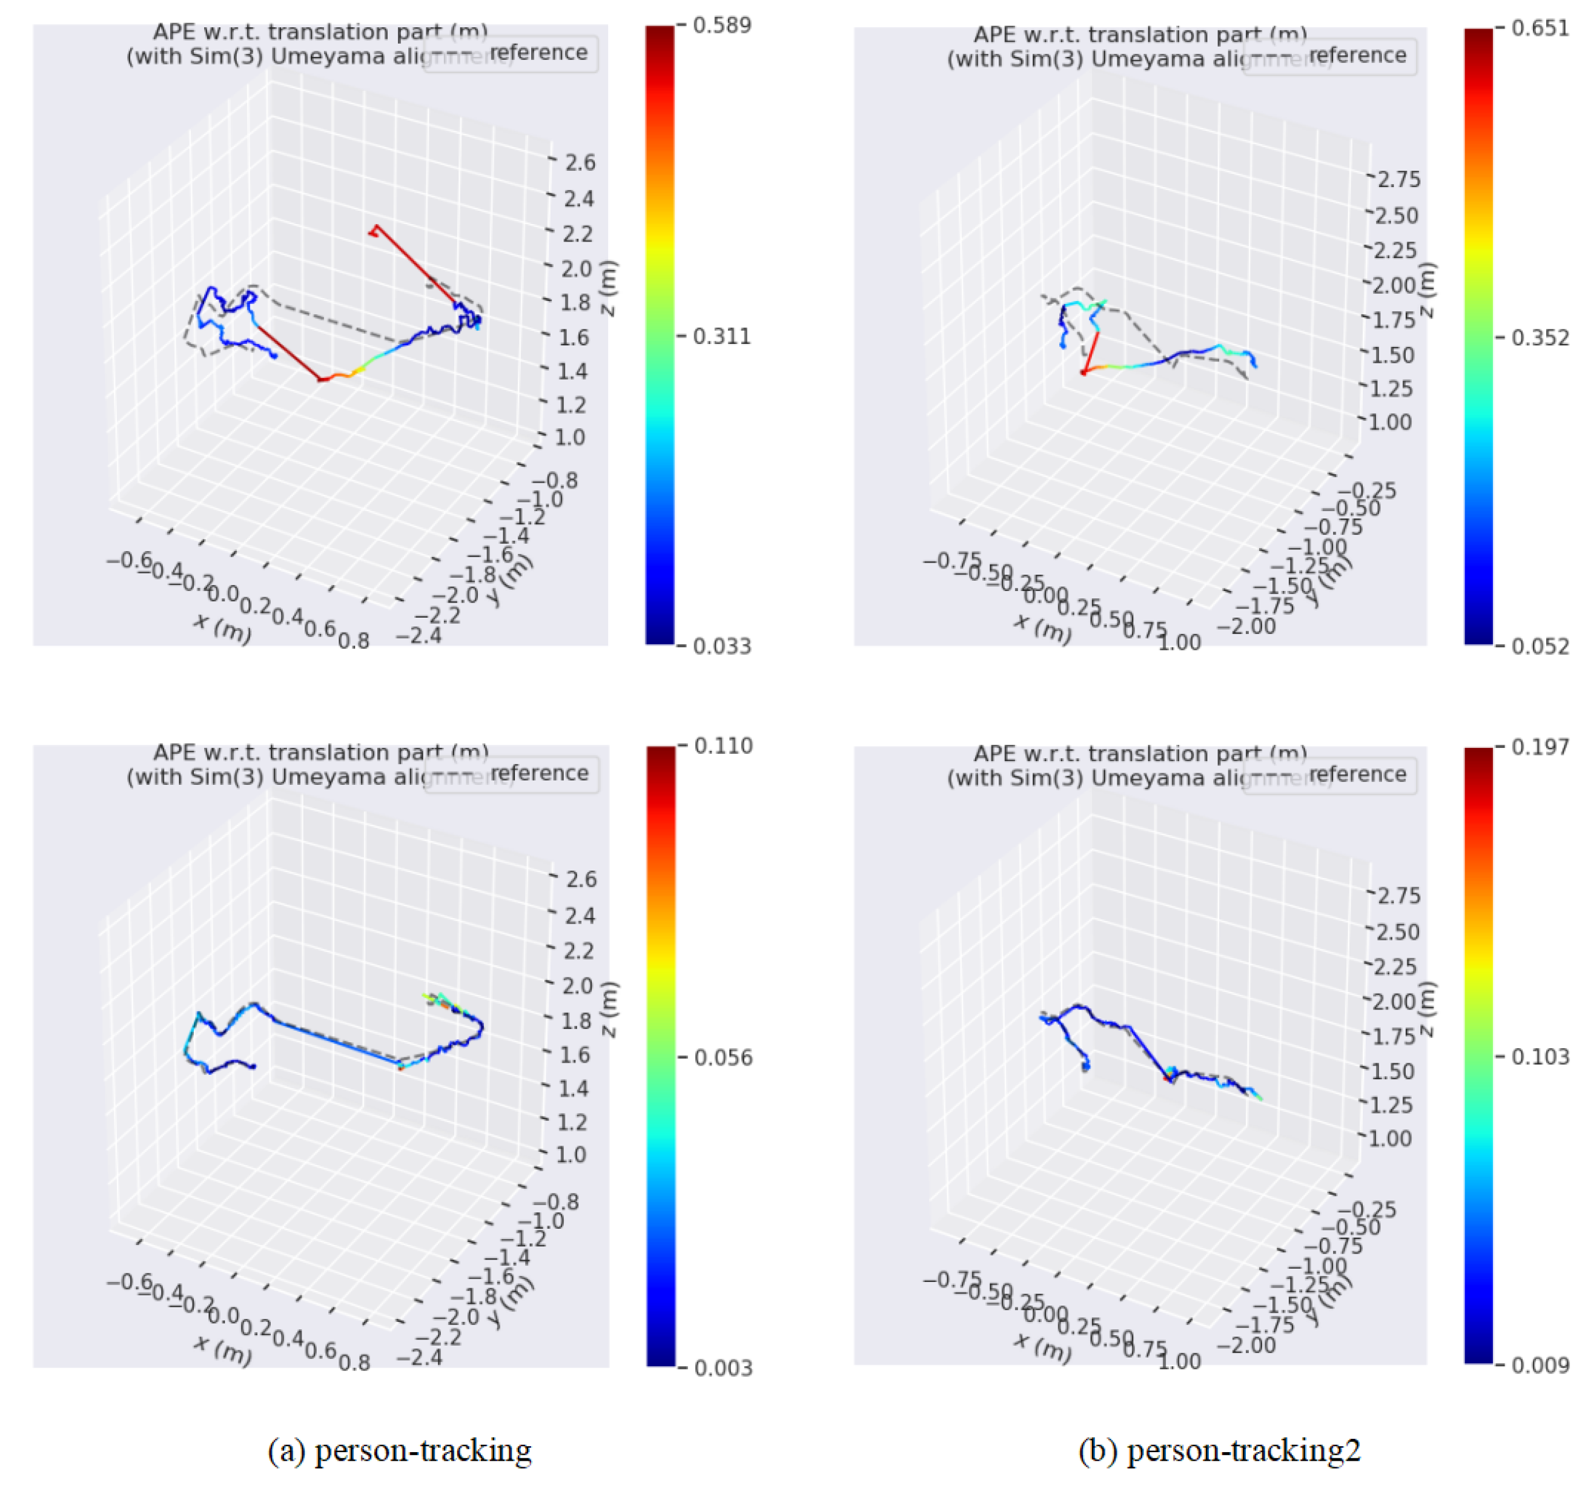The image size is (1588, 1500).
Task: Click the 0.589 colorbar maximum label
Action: click(721, 25)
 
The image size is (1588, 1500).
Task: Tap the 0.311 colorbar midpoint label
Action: click(721, 337)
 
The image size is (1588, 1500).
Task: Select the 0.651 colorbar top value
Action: click(1540, 29)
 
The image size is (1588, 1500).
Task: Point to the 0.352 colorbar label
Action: click(1540, 339)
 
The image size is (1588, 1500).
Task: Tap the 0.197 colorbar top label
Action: click(1540, 748)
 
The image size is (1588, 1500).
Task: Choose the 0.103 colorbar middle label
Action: click(1540, 1057)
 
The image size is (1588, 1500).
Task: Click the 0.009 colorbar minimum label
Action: click(1540, 1365)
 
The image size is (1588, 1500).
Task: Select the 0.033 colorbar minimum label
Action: click(721, 647)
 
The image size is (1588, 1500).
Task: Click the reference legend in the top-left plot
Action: click(538, 53)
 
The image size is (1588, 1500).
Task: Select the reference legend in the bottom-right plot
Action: click(1357, 774)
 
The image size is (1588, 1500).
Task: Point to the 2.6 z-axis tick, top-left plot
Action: click(580, 163)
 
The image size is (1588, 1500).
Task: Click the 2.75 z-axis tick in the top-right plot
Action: click(1398, 180)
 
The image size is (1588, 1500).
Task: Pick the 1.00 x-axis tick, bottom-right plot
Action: click(1179, 1361)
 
